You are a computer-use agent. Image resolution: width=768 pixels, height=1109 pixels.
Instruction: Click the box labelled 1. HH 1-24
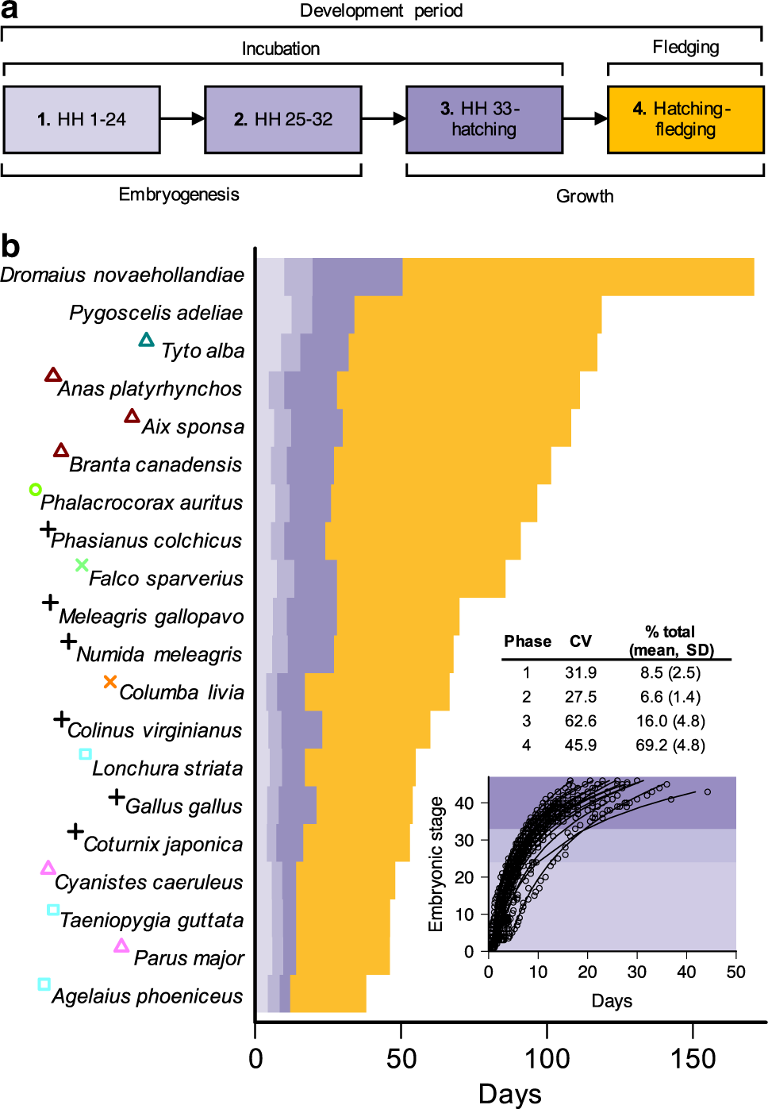82,120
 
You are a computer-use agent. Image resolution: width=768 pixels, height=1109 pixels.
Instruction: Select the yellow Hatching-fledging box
685,120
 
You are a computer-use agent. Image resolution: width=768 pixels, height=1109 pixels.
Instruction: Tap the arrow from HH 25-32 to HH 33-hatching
384,119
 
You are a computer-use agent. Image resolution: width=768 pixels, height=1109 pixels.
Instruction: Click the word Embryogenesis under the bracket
179,194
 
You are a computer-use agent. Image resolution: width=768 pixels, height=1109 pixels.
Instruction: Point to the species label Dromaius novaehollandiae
122,275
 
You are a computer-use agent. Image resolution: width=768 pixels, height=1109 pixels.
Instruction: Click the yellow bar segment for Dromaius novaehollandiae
578,277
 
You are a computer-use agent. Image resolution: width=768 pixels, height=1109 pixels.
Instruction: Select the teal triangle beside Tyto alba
146,340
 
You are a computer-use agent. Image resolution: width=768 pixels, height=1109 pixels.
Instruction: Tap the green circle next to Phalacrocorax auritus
35,489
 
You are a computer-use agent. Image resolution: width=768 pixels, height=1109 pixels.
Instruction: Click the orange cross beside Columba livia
110,682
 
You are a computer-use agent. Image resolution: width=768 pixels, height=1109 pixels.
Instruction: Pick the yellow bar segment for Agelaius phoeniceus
328,994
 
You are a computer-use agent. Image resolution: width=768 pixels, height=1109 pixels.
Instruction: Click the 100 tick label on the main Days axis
547,1058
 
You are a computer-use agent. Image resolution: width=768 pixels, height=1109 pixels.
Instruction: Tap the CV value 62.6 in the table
581,721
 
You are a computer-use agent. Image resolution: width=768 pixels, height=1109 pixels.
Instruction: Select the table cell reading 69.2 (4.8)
670,745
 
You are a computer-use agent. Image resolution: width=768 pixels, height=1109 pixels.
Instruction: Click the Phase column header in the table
528,641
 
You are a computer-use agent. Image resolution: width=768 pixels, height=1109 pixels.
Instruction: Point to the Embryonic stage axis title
436,864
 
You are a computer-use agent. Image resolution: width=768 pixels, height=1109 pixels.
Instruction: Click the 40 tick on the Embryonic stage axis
464,803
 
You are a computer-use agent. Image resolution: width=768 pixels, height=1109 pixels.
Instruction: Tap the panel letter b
10,246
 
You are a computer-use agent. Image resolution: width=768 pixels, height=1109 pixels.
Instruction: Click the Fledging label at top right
685,47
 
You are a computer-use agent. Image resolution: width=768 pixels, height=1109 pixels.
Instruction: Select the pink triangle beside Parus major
121,945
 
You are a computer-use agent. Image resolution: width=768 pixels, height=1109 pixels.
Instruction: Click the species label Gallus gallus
183,807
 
